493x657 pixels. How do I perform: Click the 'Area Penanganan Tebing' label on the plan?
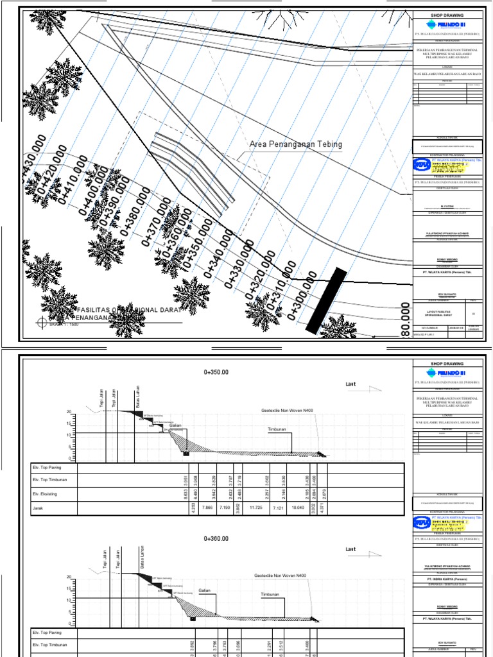pos(295,144)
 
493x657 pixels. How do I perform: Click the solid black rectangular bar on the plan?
pos(326,301)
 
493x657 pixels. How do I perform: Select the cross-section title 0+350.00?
pos(216,371)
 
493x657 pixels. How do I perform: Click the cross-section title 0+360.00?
pos(216,539)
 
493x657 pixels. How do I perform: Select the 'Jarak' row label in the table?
pos(38,508)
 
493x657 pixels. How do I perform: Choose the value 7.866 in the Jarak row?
pos(207,508)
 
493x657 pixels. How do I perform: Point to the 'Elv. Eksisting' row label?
pos(46,493)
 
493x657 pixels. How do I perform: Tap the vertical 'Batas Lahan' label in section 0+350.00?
pos(137,396)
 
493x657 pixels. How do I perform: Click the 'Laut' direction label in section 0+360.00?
pos(350,550)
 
